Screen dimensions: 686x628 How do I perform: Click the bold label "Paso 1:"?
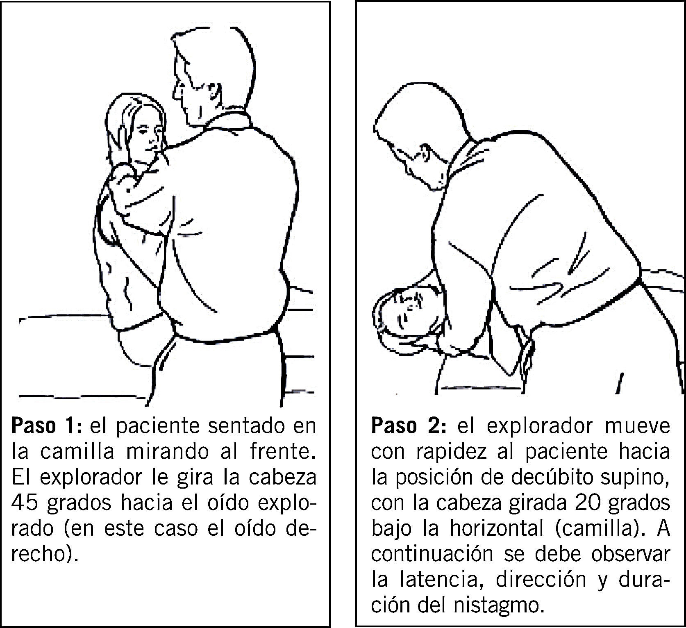coord(47,426)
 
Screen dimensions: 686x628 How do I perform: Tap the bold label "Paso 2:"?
coord(408,426)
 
